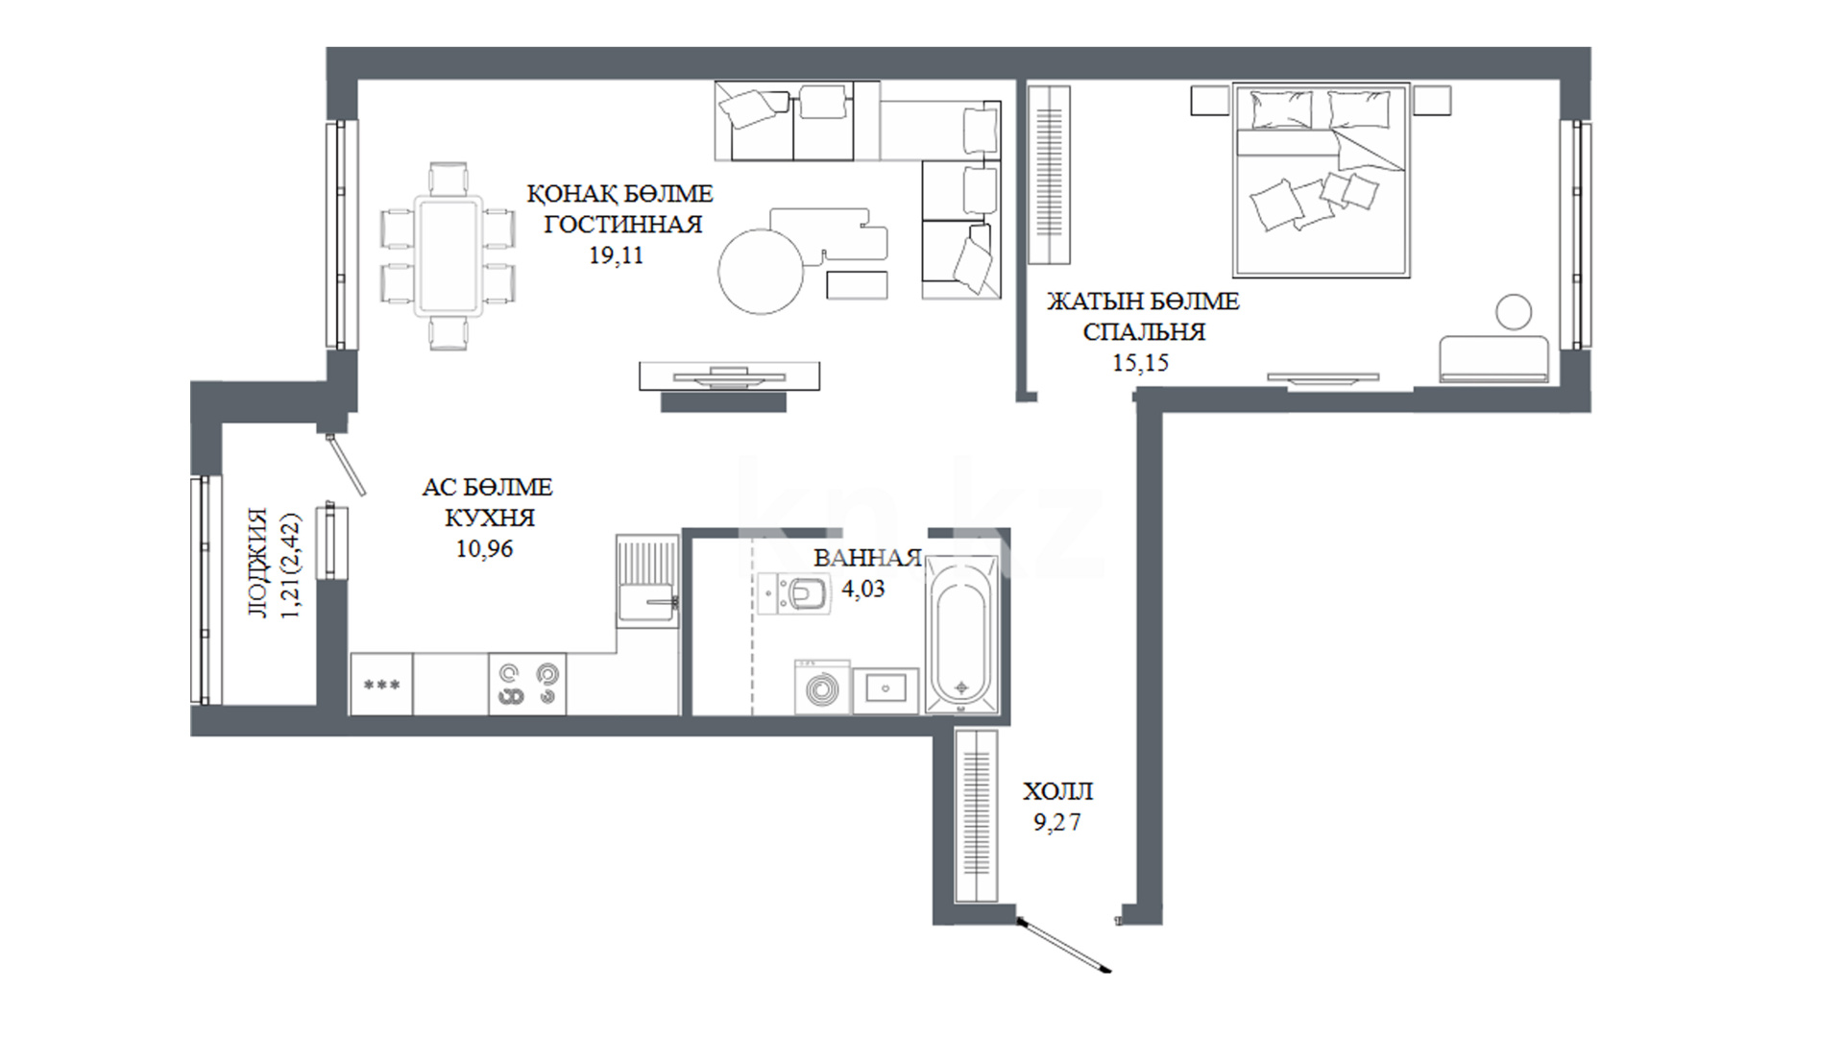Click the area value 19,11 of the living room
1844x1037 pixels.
616,255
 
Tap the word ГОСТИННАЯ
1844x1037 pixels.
623,225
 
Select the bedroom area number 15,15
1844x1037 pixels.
1141,363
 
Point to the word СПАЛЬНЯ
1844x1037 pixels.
1144,332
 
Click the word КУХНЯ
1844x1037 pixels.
490,518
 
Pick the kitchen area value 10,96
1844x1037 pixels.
484,549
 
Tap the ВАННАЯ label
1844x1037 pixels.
867,558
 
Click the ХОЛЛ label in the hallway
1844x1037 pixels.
1057,792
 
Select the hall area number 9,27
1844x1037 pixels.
1056,823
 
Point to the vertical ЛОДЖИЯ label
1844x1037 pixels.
258,563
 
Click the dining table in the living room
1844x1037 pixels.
448,255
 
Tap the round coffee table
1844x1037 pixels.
761,271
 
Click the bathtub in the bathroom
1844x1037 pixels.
961,635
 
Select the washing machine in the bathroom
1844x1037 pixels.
822,687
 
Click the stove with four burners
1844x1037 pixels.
527,684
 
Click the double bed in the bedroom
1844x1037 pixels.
1322,181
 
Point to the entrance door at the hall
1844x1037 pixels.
1064,946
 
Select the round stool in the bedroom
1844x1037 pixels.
1514,311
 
